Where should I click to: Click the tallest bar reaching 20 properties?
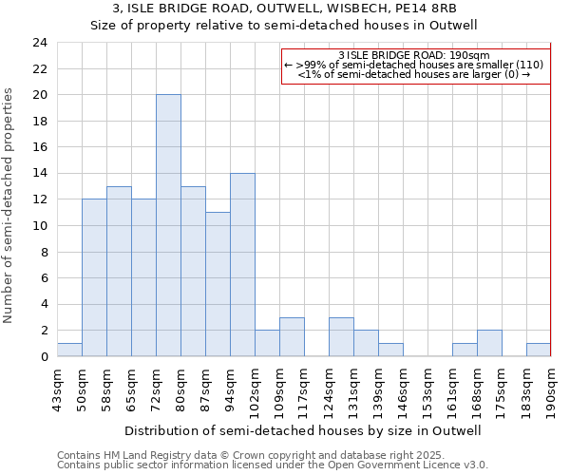coord(168,225)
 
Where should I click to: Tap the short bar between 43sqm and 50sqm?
coord(69,350)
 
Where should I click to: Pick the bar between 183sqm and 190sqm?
coord(539,350)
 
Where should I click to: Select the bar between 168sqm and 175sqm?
coord(489,343)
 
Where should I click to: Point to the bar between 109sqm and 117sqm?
coord(292,336)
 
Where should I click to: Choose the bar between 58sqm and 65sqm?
coord(119,271)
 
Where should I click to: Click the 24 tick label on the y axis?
coord(39,43)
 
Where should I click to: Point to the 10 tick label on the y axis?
coord(39,226)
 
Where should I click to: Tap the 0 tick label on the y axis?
coord(43,357)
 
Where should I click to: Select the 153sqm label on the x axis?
coord(427,389)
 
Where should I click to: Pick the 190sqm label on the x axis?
coord(551,389)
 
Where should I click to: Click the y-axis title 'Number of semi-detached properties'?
coord(9,205)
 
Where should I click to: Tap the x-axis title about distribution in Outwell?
coord(303,430)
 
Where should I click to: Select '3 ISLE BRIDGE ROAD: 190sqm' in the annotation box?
coord(413,56)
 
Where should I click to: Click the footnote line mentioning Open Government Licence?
coord(273,465)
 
